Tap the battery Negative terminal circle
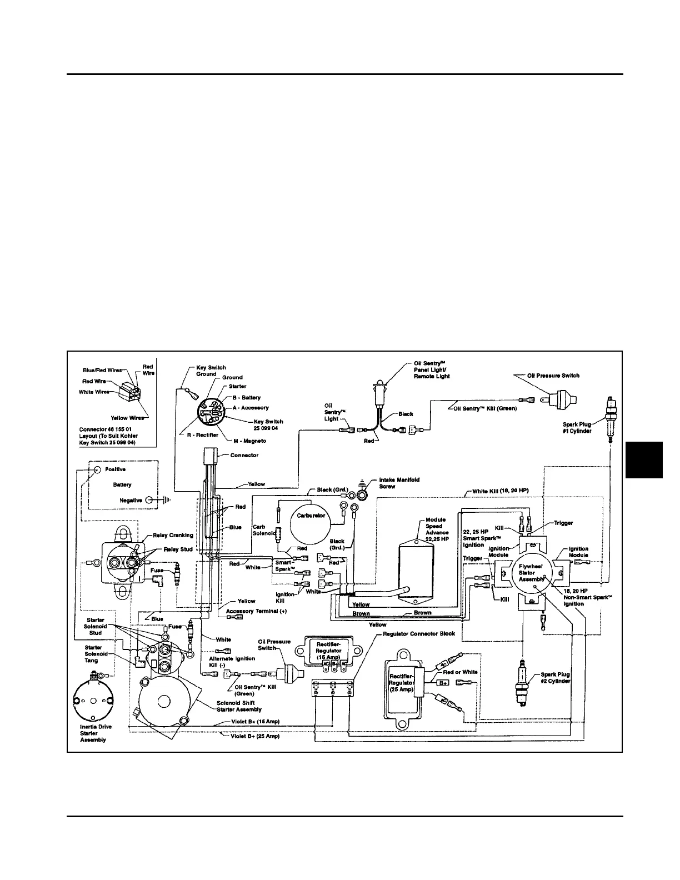(149, 501)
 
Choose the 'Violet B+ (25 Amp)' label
(255, 736)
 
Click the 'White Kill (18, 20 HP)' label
(500, 491)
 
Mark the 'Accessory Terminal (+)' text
(256, 611)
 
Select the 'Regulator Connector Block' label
(419, 633)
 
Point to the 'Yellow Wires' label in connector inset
(127, 418)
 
